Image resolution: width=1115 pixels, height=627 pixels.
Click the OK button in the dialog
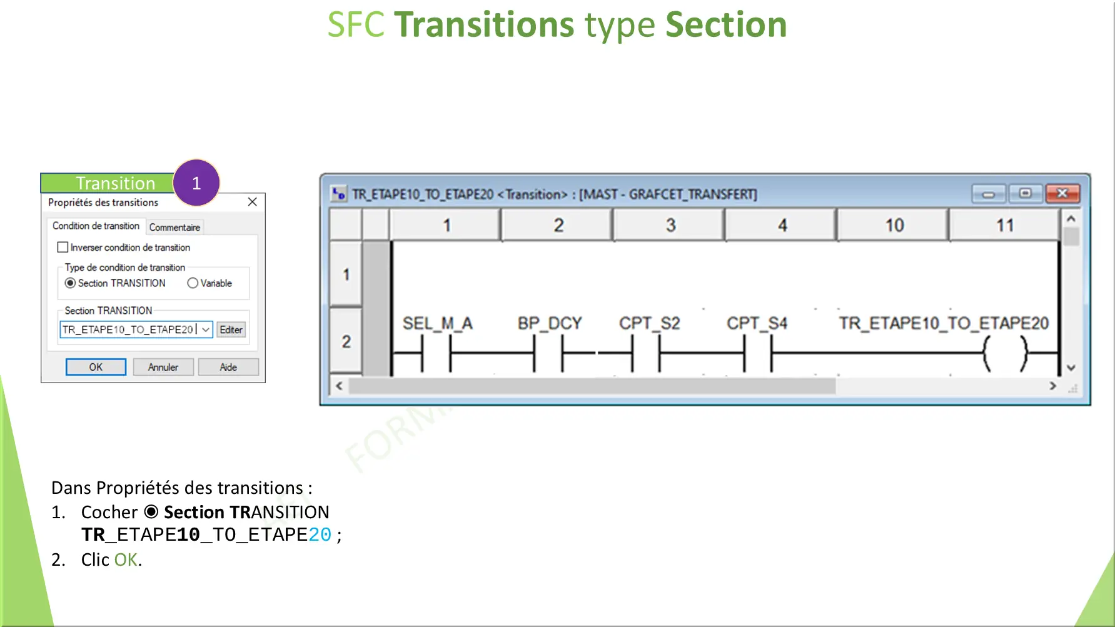point(96,367)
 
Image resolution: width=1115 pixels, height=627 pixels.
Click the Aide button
point(228,367)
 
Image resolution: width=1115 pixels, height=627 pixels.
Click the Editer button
point(231,329)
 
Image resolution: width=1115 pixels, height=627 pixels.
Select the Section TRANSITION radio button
point(71,283)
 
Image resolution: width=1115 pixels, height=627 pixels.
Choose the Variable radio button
point(193,283)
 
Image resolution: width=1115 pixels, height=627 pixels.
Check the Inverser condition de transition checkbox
point(63,248)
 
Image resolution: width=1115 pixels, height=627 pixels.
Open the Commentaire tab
point(174,227)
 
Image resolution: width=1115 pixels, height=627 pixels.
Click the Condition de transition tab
point(96,226)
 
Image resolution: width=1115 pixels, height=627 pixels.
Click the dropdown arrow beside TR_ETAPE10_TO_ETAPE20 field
point(206,329)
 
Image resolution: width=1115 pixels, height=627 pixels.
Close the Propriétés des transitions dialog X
point(252,201)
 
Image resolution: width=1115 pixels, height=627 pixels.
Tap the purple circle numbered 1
point(196,183)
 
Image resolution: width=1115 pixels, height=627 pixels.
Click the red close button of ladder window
point(1062,194)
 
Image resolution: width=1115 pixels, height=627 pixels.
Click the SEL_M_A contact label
point(437,323)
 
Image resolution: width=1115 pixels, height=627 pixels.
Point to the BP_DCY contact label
point(549,323)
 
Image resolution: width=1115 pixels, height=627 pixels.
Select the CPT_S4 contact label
point(757,323)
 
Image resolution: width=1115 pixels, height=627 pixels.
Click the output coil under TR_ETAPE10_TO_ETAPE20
point(1005,353)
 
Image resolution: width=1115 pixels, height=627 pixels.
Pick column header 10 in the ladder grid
point(894,225)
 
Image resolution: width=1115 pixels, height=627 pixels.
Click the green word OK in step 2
point(126,559)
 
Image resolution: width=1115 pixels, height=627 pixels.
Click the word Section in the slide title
point(725,25)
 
